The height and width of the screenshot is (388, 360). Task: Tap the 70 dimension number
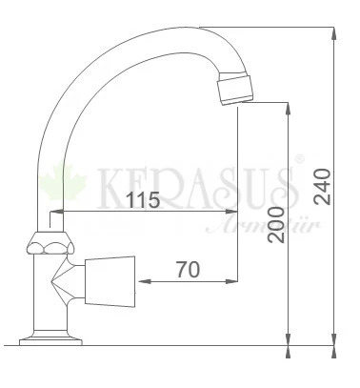tap(187, 271)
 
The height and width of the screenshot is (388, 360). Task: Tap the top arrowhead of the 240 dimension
tap(334, 32)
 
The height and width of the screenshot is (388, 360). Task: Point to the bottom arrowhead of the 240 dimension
tap(334, 337)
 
